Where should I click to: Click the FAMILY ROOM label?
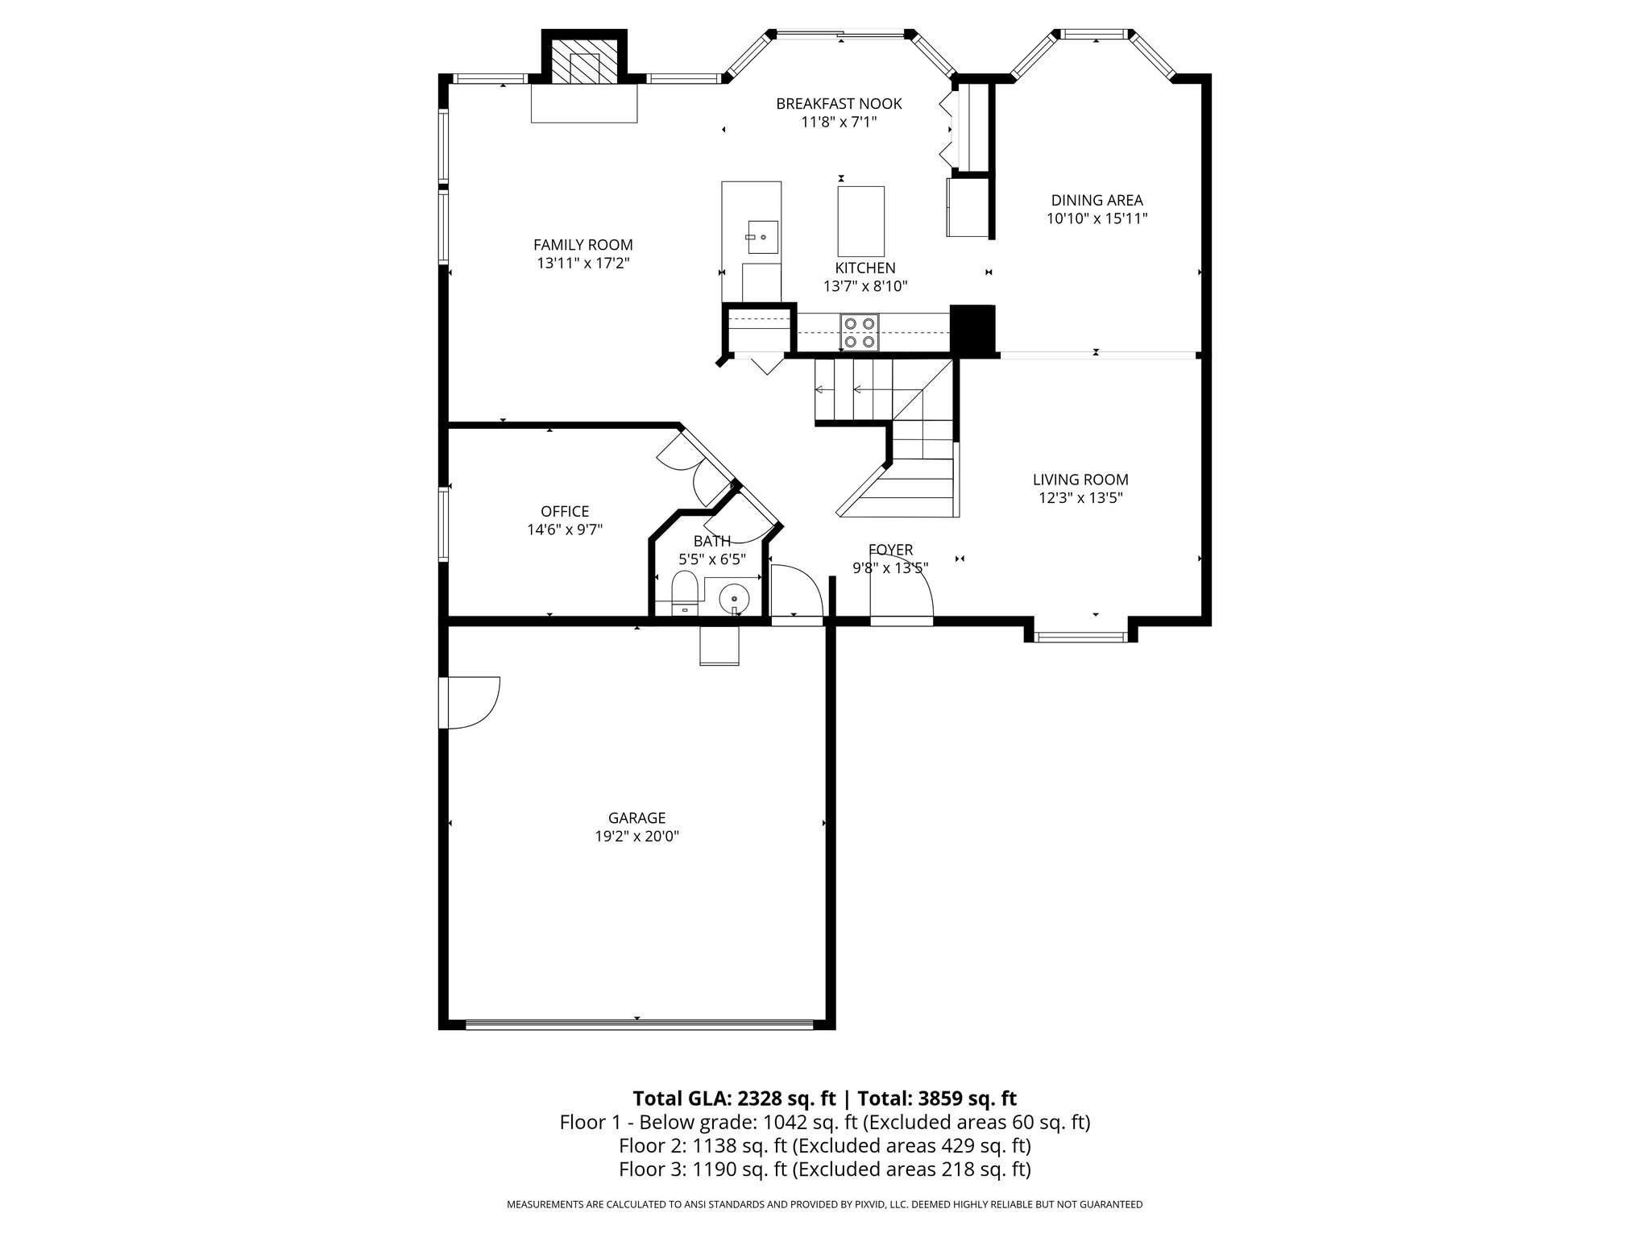pyautogui.click(x=583, y=244)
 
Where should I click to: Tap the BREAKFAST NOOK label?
pyautogui.click(x=839, y=104)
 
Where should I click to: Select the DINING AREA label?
pyautogui.click(x=1097, y=201)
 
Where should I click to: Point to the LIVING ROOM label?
pyautogui.click(x=1080, y=480)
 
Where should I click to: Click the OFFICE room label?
pyautogui.click(x=565, y=511)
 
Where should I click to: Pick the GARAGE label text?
pyautogui.click(x=636, y=818)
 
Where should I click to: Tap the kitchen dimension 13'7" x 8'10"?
pyautogui.click(x=865, y=286)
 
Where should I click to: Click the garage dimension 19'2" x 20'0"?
pyautogui.click(x=636, y=837)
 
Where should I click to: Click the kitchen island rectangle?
pyautogui.click(x=860, y=222)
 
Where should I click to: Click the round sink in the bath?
pyautogui.click(x=734, y=600)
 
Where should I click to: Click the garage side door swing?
pyautogui.click(x=471, y=703)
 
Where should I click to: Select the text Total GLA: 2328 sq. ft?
pyautogui.click(x=736, y=1099)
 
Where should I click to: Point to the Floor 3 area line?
pyautogui.click(x=825, y=1169)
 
